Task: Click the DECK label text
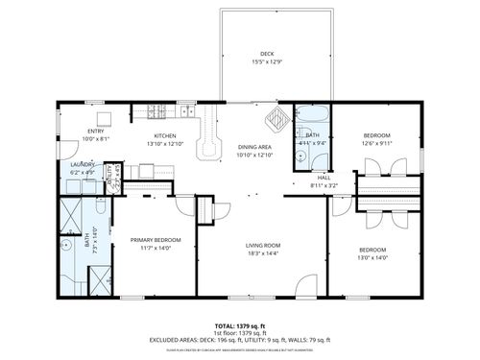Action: coord(266,53)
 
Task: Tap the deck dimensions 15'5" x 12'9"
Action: coord(266,61)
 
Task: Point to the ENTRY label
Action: coord(96,131)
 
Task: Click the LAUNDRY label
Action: coord(84,164)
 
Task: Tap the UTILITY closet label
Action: coord(110,175)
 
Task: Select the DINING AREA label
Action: coord(255,147)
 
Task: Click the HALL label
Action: coord(324,177)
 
